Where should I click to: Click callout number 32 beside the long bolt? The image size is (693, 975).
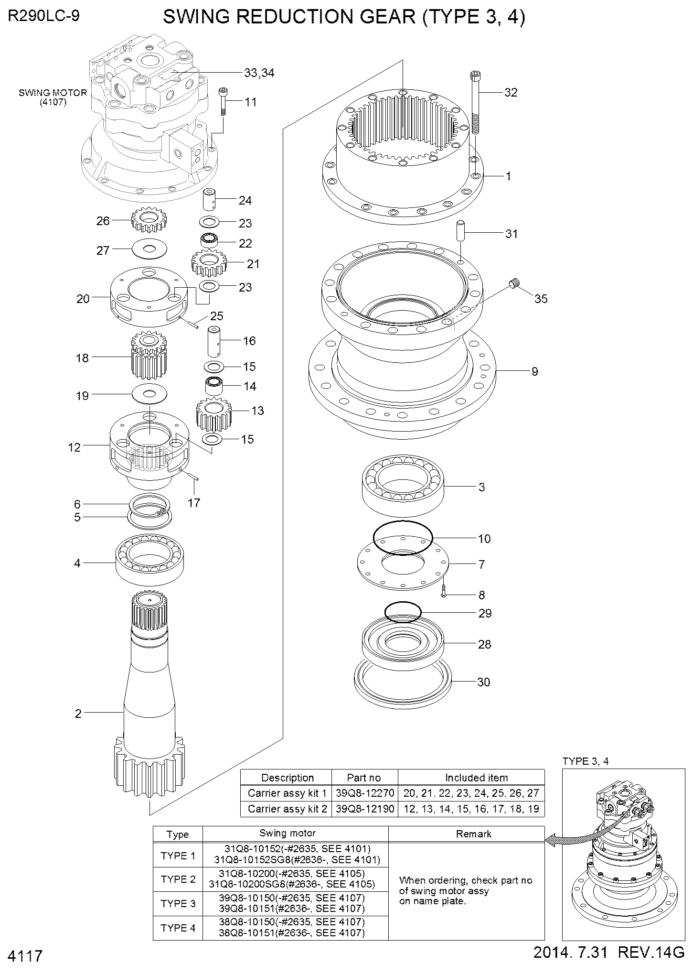(x=511, y=93)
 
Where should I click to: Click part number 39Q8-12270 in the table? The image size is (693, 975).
(x=364, y=793)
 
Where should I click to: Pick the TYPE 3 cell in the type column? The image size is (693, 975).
(x=178, y=903)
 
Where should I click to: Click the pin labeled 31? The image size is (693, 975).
(x=461, y=232)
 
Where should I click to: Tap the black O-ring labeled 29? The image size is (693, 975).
(x=403, y=612)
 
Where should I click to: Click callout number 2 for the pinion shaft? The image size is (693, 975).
(x=78, y=714)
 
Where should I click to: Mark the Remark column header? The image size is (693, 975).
(x=473, y=834)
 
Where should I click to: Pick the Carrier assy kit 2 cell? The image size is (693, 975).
(x=287, y=809)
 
